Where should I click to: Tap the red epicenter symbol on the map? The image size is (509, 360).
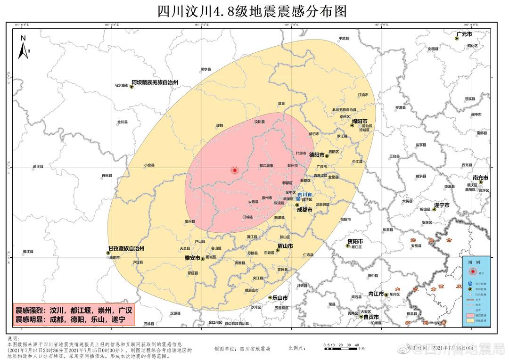[x=235, y=170]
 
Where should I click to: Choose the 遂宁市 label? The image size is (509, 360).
[x=442, y=205]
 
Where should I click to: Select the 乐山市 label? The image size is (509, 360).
[x=279, y=298]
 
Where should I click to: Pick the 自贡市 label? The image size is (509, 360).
[x=371, y=317]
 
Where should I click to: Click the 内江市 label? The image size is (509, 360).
[x=376, y=293]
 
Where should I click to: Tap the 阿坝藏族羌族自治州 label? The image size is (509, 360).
[x=155, y=82]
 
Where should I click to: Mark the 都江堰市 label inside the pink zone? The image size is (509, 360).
[x=266, y=166]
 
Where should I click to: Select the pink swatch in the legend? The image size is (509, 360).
[x=472, y=314]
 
